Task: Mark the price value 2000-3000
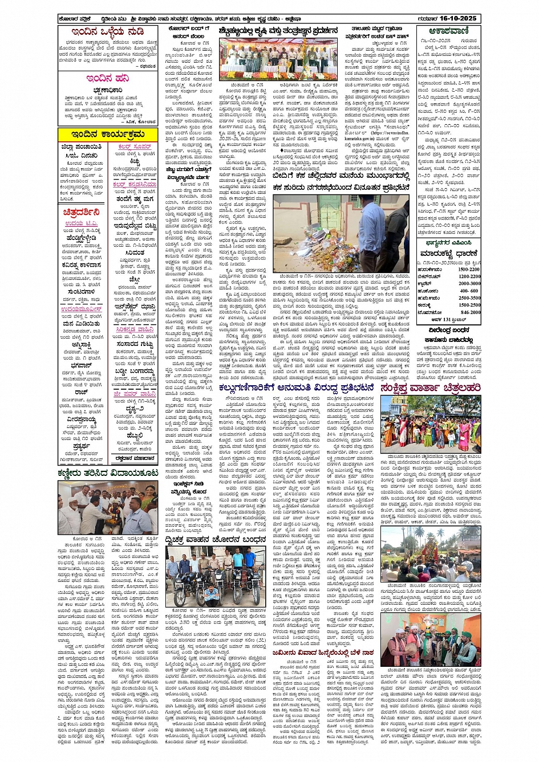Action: tap(469, 284)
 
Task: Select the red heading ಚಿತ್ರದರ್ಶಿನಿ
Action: tap(82, 213)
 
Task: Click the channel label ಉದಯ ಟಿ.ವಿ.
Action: tap(81, 224)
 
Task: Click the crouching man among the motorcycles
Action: tap(212, 596)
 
